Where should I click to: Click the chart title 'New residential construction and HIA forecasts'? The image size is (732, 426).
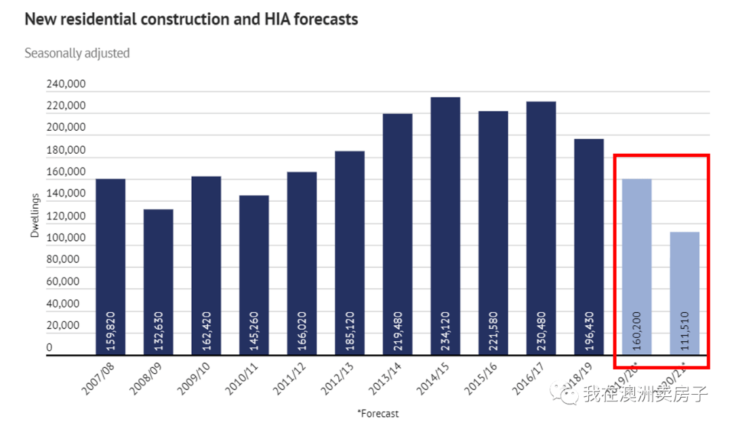tap(191, 19)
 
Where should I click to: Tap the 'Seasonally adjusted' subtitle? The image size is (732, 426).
tap(77, 53)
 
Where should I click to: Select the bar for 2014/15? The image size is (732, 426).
tap(445, 223)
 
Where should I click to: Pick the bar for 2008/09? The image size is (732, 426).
tap(158, 281)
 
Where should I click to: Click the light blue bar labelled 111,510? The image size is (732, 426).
tap(685, 291)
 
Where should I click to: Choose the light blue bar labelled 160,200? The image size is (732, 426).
tap(636, 264)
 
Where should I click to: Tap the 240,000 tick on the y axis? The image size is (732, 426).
tap(65, 85)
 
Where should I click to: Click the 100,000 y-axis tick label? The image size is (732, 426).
tap(65, 238)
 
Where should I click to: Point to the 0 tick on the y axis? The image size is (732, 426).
tap(49, 348)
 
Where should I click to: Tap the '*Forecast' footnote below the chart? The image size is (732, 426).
tap(378, 413)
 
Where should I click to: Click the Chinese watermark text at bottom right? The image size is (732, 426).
tap(645, 393)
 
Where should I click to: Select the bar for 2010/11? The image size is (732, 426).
tap(253, 274)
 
